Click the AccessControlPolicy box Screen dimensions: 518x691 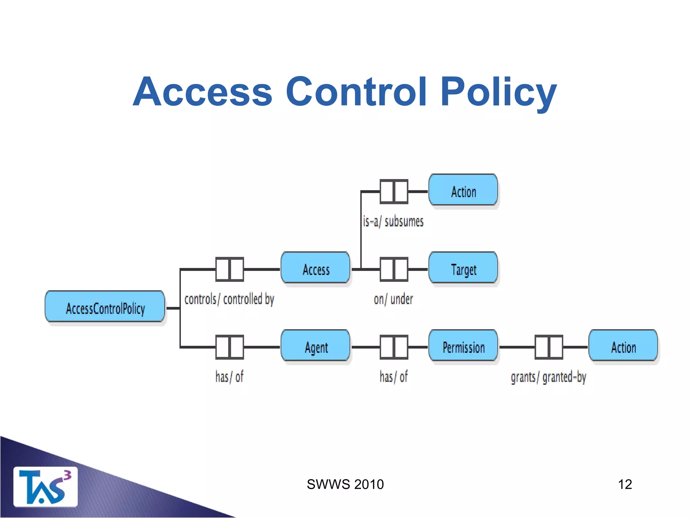105,307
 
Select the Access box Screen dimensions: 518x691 315,268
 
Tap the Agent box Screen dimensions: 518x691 315,346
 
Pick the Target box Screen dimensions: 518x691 463,268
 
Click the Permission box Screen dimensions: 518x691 463,346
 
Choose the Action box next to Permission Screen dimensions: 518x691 623,346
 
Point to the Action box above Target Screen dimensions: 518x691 463,190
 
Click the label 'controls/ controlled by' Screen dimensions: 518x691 229,299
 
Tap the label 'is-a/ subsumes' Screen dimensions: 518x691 393,222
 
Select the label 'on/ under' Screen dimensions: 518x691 393,299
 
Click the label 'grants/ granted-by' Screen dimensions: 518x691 548,377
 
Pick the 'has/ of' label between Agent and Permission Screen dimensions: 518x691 393,377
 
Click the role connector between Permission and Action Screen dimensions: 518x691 549,347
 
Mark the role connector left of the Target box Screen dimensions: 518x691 394,269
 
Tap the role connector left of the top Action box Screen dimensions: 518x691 394,192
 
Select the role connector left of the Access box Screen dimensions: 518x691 229,269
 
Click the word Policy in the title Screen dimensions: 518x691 498,92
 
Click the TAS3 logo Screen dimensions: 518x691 45,486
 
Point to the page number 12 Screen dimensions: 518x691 625,484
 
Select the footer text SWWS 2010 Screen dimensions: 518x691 345,484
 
